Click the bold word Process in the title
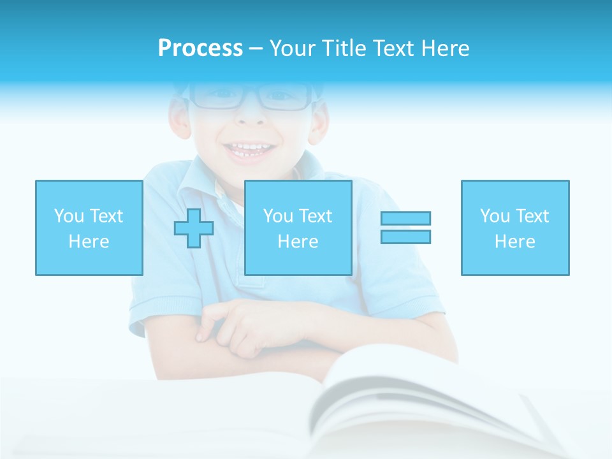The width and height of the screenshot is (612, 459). [200, 48]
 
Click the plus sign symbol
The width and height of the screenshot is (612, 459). [194, 228]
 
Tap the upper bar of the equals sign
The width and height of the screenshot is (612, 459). [405, 218]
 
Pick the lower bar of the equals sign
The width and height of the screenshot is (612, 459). [405, 237]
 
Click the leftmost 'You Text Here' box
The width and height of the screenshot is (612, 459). [89, 228]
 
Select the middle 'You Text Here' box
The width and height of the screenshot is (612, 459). [298, 228]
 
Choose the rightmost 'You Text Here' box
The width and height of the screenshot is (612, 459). [515, 228]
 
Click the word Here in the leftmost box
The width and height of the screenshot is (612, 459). [89, 242]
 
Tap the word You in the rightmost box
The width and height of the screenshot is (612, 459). [495, 216]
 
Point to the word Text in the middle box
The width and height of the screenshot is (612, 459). [316, 216]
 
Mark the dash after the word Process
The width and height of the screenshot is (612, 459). [255, 48]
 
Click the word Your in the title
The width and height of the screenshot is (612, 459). [294, 48]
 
